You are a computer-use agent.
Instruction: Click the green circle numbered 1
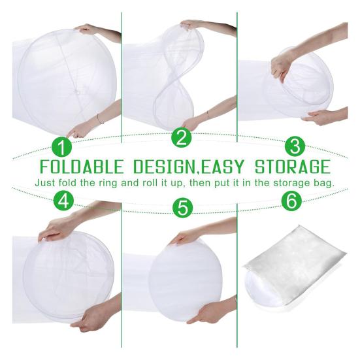click(61, 147)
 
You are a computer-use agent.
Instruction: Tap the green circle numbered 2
click(182, 137)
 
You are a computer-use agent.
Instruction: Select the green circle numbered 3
click(295, 146)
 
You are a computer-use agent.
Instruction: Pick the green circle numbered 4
click(63, 201)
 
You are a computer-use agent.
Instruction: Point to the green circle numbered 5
click(183, 207)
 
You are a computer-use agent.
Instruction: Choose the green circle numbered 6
click(291, 201)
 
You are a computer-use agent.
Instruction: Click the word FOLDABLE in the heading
click(82, 167)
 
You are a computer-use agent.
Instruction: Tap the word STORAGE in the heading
click(293, 167)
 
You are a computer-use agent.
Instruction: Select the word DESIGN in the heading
click(164, 167)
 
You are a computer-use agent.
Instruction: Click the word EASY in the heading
click(221, 167)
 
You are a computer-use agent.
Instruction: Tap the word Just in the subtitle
click(45, 183)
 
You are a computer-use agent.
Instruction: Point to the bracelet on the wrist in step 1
click(99, 119)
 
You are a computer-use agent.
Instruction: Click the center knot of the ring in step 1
click(76, 92)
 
